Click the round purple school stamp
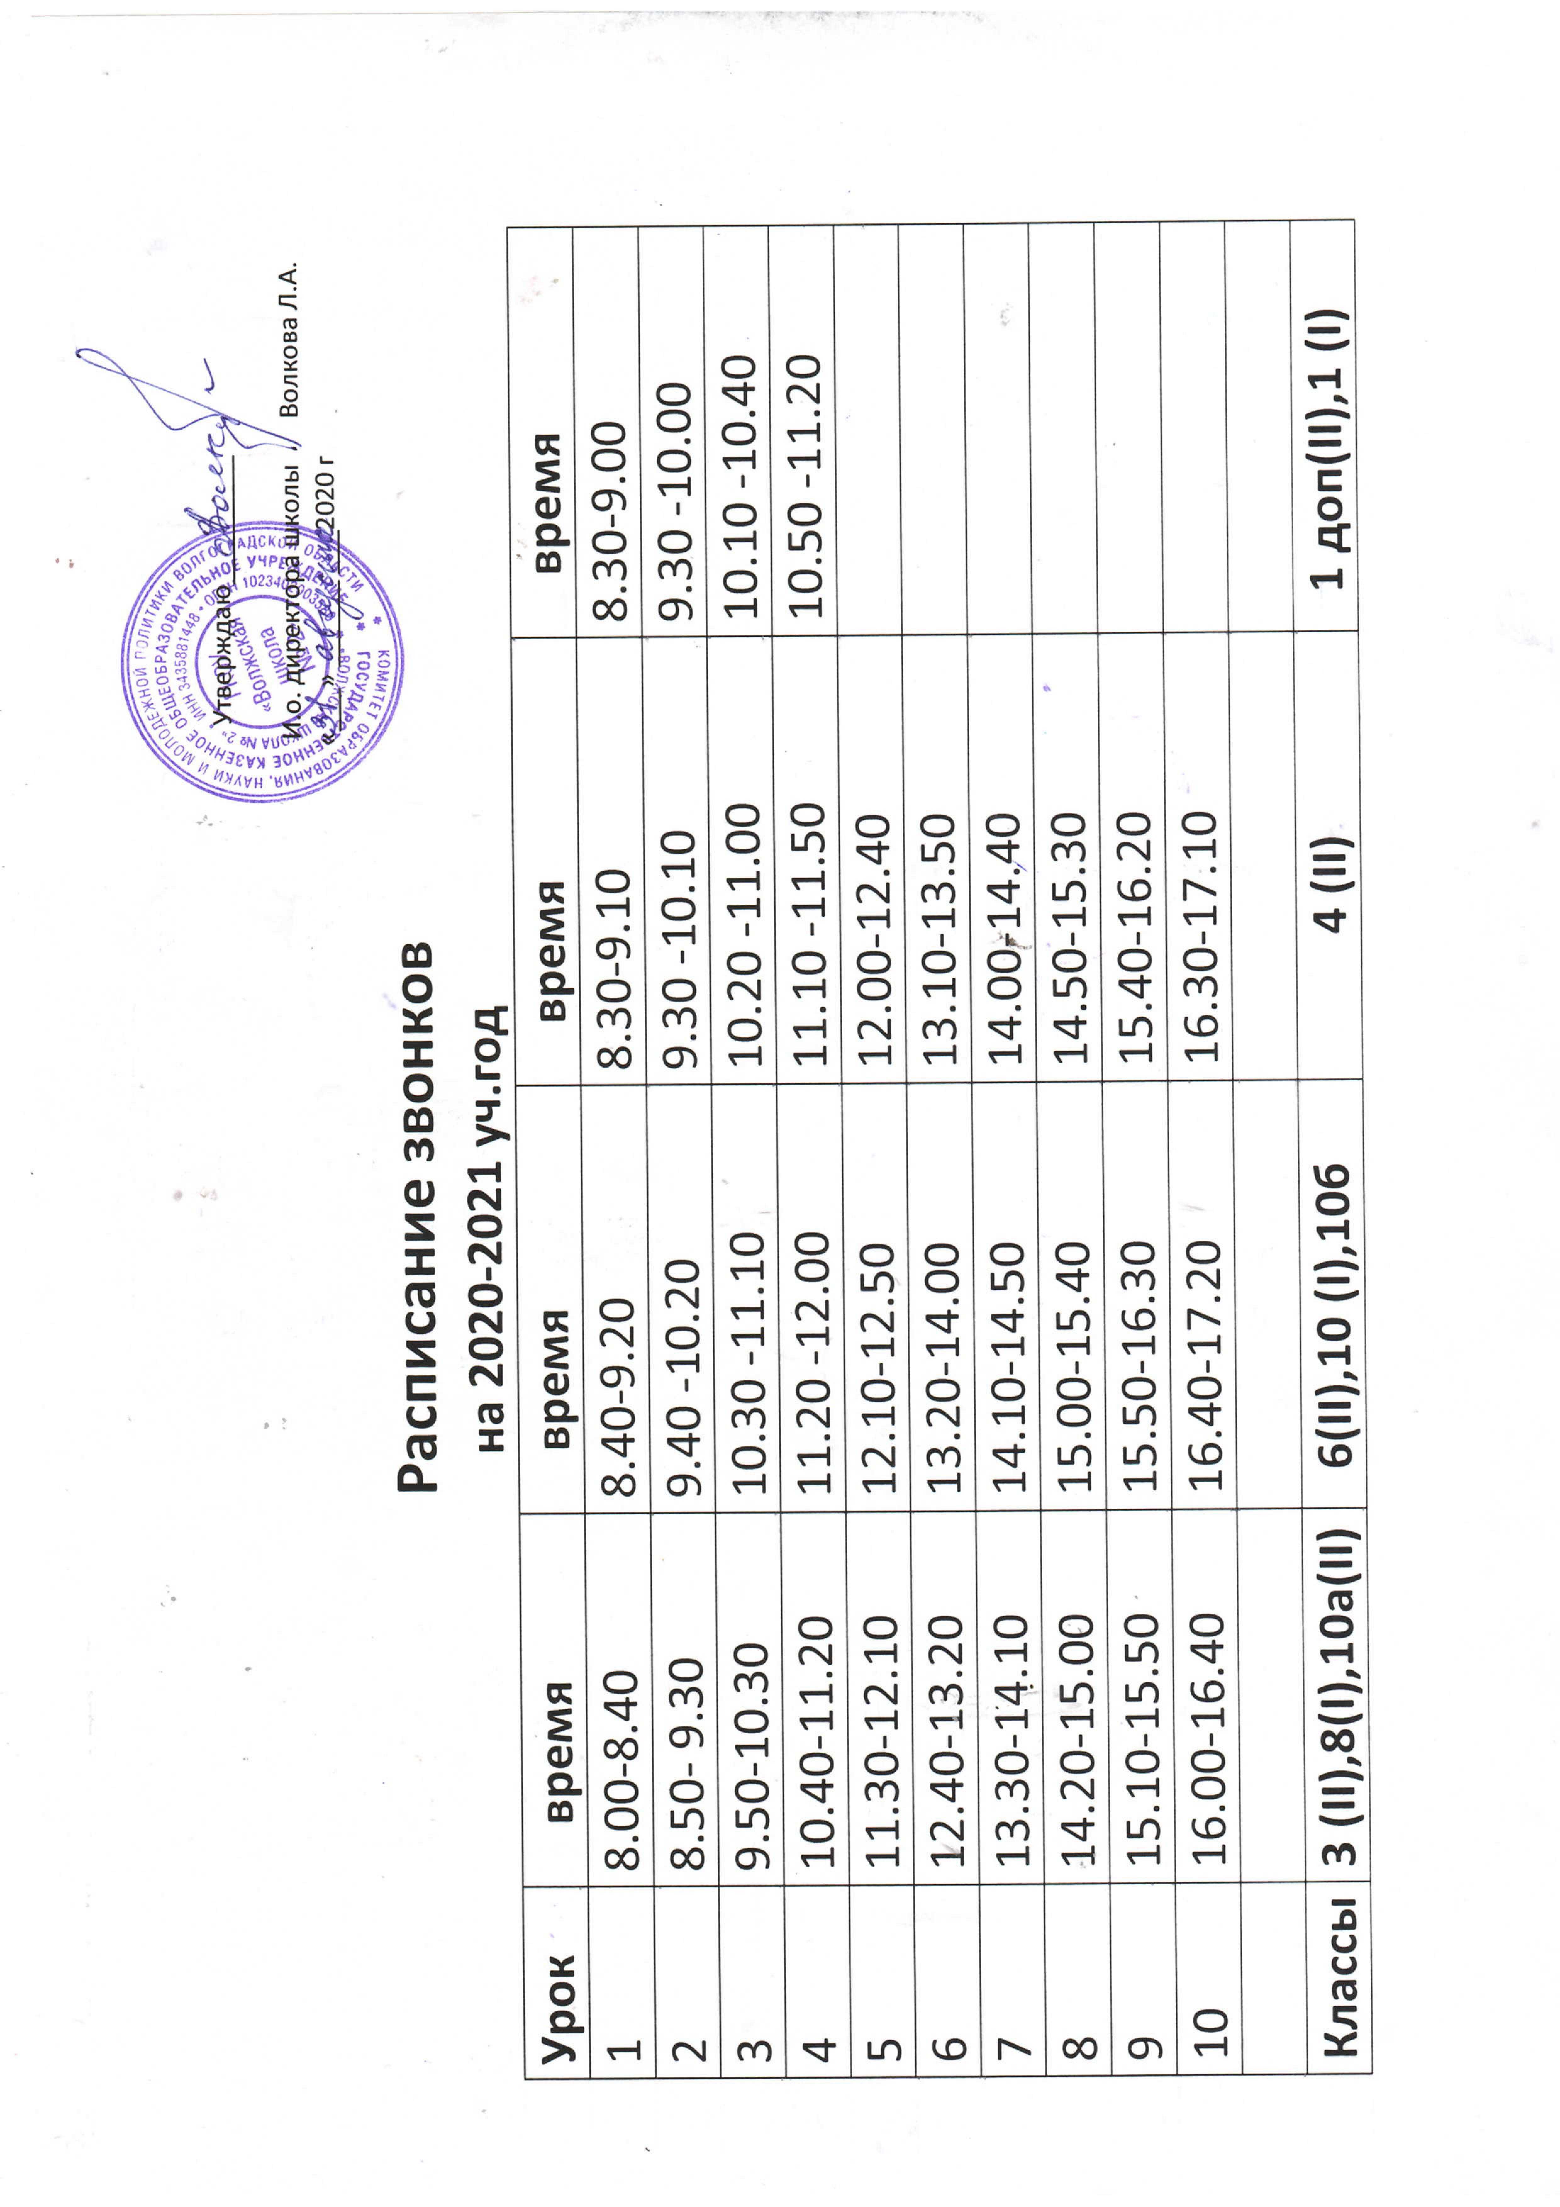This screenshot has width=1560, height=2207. click(x=261, y=663)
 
